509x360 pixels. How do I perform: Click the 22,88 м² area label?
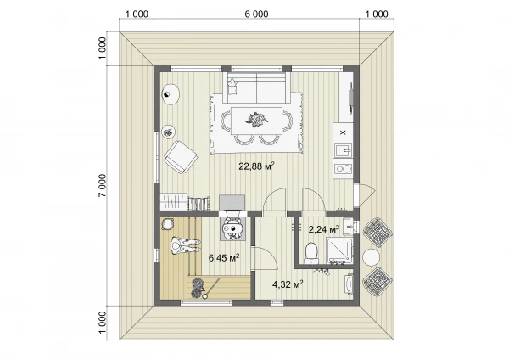[257, 166]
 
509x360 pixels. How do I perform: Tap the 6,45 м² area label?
[224, 258]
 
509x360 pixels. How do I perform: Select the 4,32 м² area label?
[288, 284]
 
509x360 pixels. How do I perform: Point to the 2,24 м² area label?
[324, 229]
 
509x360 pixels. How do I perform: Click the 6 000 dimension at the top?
[256, 14]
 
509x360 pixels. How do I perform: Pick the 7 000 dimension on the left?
[102, 186]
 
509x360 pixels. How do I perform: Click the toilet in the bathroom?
[312, 253]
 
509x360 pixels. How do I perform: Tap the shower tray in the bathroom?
[339, 250]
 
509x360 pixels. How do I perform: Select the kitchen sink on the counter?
[343, 151]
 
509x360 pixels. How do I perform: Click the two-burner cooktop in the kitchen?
[343, 169]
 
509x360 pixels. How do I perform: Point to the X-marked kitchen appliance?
[343, 132]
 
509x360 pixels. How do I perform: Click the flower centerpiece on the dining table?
[256, 119]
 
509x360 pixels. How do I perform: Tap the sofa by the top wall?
[256, 87]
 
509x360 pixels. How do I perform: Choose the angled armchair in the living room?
[181, 157]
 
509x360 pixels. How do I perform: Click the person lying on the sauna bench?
[184, 246]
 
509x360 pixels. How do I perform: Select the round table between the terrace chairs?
[371, 257]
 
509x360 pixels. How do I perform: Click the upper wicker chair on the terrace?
[378, 231]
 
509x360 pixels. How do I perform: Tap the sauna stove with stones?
[198, 288]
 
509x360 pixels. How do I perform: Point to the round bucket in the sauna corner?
[168, 224]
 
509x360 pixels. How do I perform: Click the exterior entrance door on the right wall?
[365, 195]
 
